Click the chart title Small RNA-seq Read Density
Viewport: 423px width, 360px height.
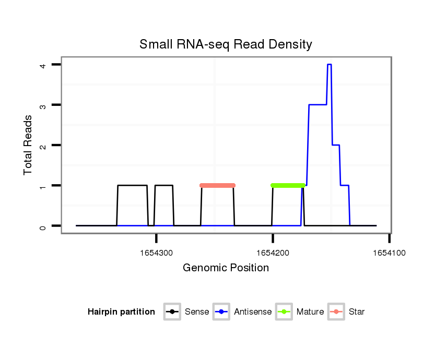coord(226,44)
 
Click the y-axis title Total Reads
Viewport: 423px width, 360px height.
coord(28,145)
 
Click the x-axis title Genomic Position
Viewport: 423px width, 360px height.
coord(226,268)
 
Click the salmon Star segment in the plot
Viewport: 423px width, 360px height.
coord(218,185)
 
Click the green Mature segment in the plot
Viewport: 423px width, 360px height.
coord(288,185)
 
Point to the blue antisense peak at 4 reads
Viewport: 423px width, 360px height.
coord(329,65)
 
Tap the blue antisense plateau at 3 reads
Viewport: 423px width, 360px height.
coord(318,105)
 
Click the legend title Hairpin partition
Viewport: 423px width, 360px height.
coord(121,312)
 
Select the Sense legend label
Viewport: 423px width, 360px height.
coord(197,312)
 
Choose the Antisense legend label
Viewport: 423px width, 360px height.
coord(253,312)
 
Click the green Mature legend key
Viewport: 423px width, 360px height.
coord(284,312)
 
